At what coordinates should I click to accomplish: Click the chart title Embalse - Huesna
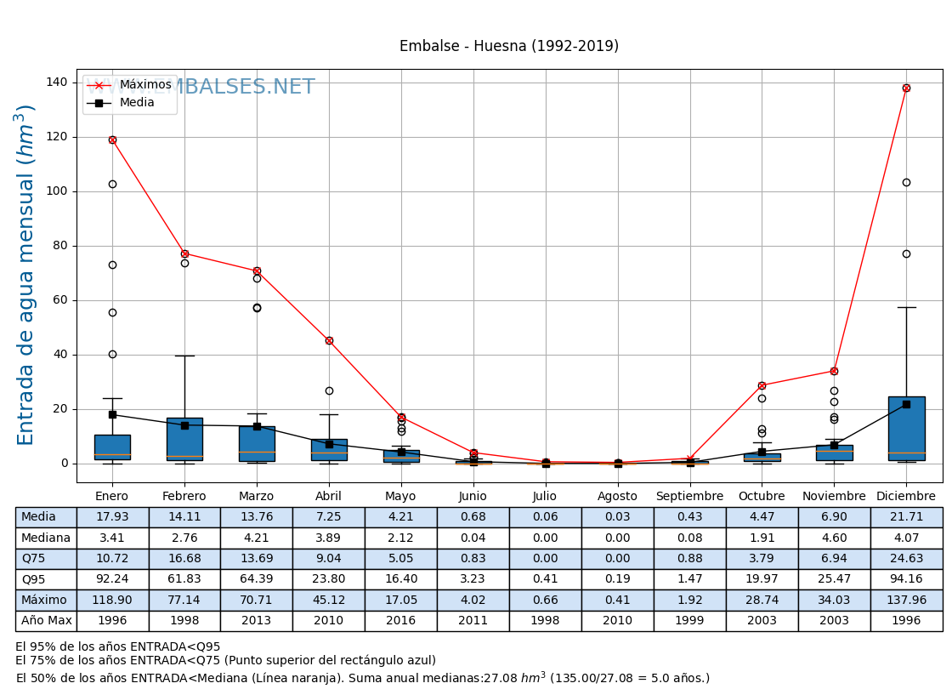pyautogui.click(x=509, y=47)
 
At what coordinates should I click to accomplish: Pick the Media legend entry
pyautogui.click(x=137, y=103)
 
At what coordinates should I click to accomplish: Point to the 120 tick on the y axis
pyautogui.click(x=57, y=137)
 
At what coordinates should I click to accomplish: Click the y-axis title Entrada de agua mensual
pyautogui.click(x=26, y=275)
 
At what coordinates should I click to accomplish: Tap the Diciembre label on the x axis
pyautogui.click(x=906, y=497)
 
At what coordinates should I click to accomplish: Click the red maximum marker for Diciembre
pyautogui.click(x=906, y=88)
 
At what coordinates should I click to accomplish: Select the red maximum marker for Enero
pyautogui.click(x=112, y=140)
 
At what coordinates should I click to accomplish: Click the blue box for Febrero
pyautogui.click(x=184, y=439)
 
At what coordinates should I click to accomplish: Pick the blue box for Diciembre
pyautogui.click(x=906, y=429)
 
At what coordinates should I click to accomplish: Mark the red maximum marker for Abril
pyautogui.click(x=329, y=340)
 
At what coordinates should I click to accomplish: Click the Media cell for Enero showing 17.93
pyautogui.click(x=112, y=517)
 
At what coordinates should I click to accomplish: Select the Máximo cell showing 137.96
pyautogui.click(x=906, y=600)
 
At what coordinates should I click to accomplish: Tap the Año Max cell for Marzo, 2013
pyautogui.click(x=257, y=621)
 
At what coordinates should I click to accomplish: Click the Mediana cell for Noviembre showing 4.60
pyautogui.click(x=834, y=538)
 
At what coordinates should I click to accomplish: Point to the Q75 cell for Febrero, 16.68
pyautogui.click(x=184, y=559)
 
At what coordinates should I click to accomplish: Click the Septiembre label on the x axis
pyautogui.click(x=689, y=497)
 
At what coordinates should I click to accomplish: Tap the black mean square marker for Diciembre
pyautogui.click(x=906, y=404)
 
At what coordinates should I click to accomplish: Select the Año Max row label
pyautogui.click(x=46, y=621)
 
